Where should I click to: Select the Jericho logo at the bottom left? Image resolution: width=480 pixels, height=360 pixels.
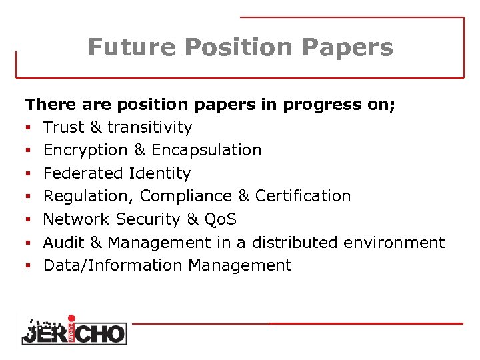(x=73, y=329)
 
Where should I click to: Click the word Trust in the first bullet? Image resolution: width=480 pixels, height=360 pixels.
(x=64, y=127)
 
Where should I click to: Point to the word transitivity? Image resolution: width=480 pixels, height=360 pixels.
(x=149, y=127)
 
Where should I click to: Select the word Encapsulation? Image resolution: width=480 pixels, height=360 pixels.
(x=207, y=150)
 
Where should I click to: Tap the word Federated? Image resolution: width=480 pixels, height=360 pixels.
(x=83, y=173)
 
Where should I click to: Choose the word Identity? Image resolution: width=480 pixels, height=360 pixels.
(x=160, y=173)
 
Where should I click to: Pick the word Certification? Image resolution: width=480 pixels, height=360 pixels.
(x=303, y=196)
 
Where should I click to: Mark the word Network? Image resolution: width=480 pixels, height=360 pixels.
(x=77, y=219)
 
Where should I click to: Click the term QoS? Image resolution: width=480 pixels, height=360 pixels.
(x=221, y=219)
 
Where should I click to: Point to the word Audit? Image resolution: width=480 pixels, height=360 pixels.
(x=63, y=242)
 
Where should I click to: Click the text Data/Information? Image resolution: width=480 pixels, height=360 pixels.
(x=113, y=265)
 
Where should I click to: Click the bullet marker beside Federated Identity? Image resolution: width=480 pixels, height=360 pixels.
(x=29, y=174)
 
